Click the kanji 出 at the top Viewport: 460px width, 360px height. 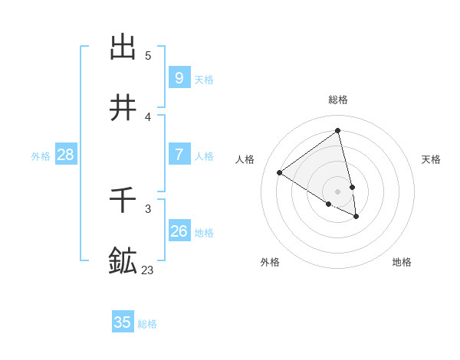pyautogui.click(x=123, y=47)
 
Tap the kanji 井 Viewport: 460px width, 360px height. pyautogui.click(x=123, y=108)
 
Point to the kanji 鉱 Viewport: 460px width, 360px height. pyautogui.click(x=123, y=260)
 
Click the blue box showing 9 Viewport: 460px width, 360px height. pyautogui.click(x=179, y=77)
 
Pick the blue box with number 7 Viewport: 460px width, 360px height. pyautogui.click(x=179, y=154)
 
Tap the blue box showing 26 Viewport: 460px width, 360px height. pyautogui.click(x=179, y=231)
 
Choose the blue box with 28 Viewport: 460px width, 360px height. pyautogui.click(x=66, y=155)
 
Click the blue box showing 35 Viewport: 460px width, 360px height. pyautogui.click(x=123, y=322)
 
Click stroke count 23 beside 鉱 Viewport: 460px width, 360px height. pyautogui.click(x=148, y=270)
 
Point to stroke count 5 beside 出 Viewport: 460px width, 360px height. pyautogui.click(x=148, y=55)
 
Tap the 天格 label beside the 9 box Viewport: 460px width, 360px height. pyautogui.click(x=204, y=79)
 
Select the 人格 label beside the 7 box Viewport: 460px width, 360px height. pyautogui.click(x=204, y=155)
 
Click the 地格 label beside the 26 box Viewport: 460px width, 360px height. pyautogui.click(x=204, y=232)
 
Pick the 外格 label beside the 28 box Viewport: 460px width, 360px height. pyautogui.click(x=41, y=156)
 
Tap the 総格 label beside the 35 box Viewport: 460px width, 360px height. pyautogui.click(x=148, y=324)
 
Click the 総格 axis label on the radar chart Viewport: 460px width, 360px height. pyautogui.click(x=338, y=100)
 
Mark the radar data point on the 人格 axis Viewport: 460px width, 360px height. pyautogui.click(x=280, y=172)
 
